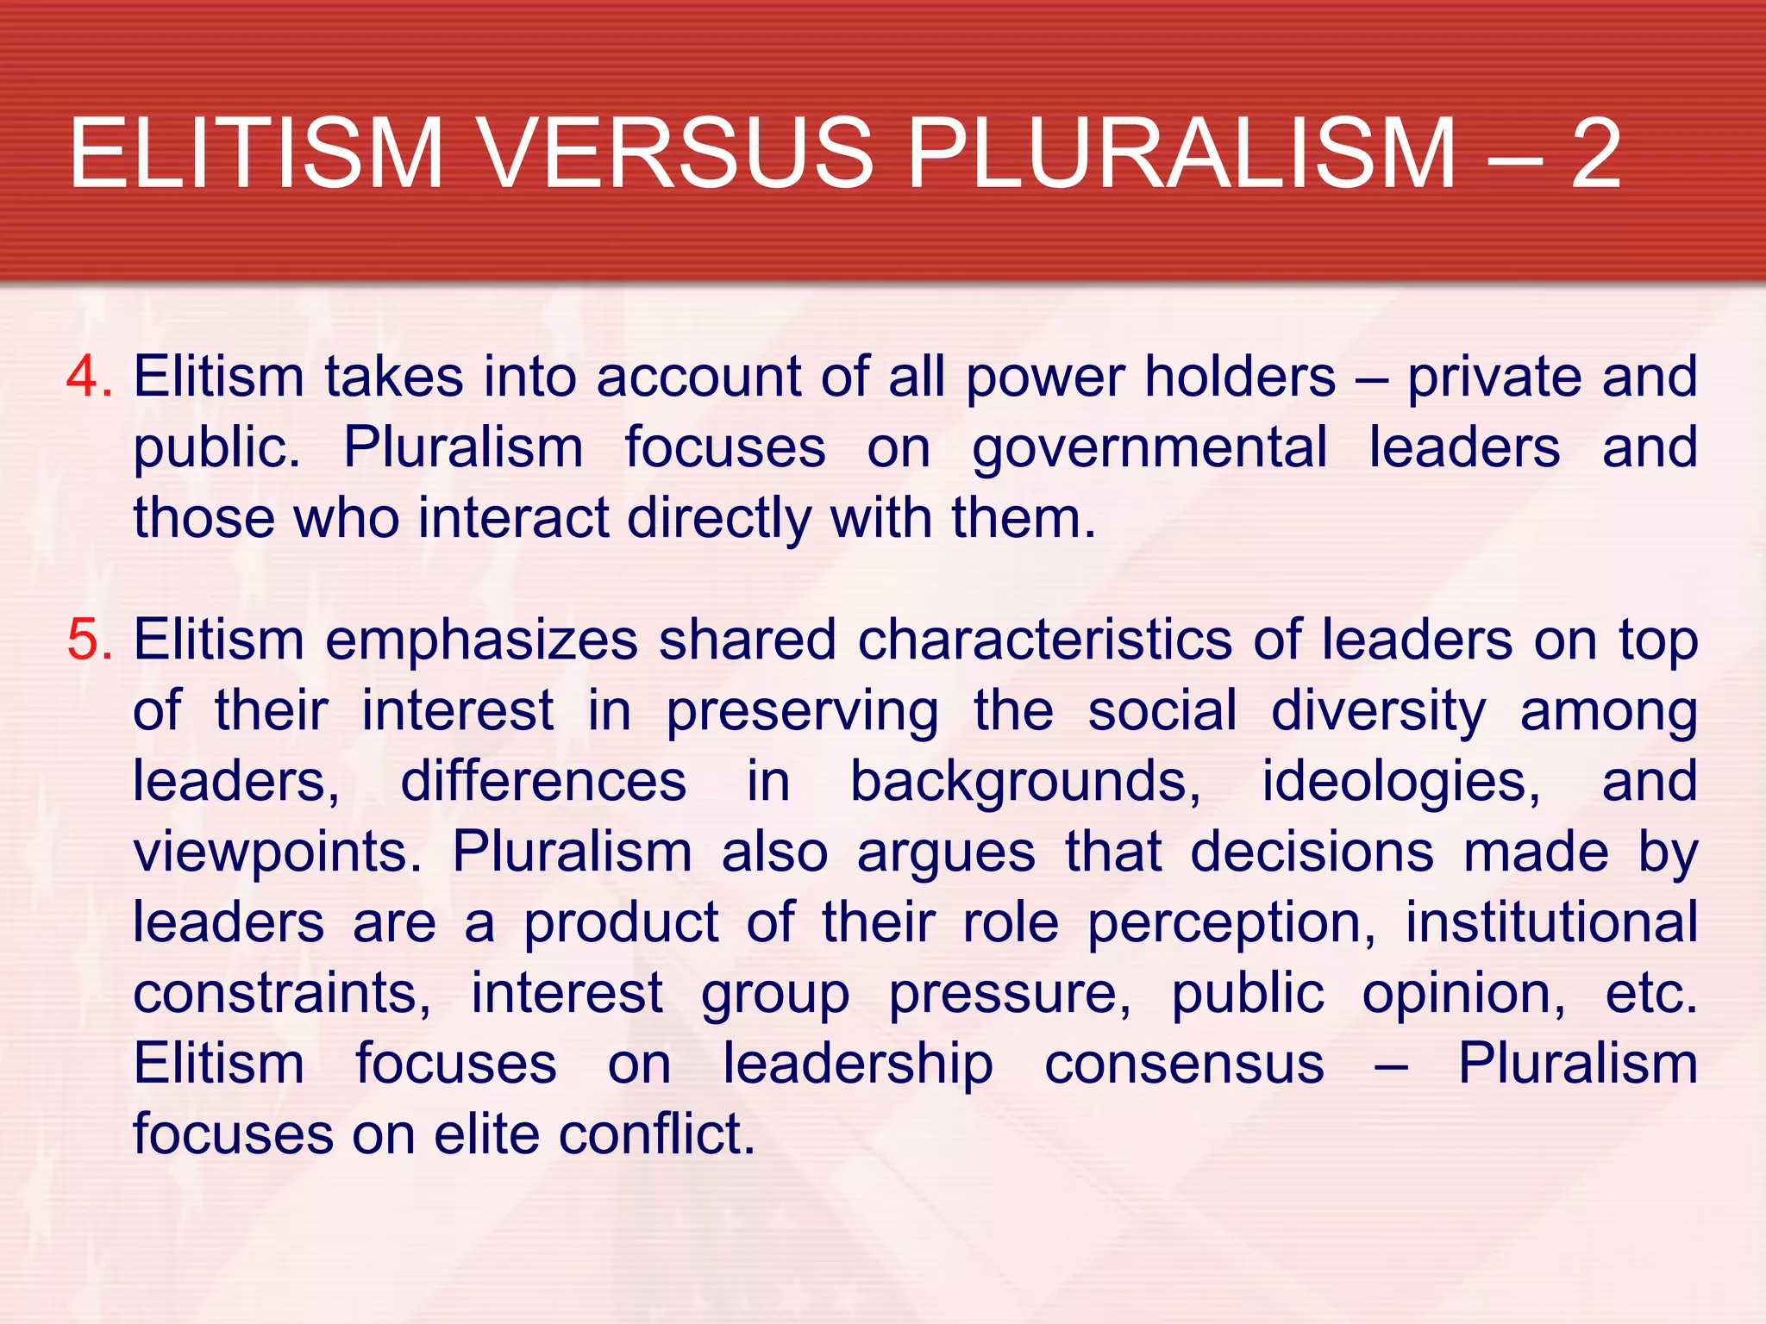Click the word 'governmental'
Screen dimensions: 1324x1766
coord(1149,448)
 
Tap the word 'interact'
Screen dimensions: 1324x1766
coord(514,518)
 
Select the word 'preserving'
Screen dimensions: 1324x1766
coord(802,713)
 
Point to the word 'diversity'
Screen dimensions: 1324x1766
coord(1378,713)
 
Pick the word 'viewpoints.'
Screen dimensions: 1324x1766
coord(277,853)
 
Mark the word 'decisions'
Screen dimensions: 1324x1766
coord(1312,852)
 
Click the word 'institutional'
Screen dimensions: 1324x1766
coord(1551,922)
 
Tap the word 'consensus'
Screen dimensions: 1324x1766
coord(1184,1064)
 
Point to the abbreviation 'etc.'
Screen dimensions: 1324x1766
coord(1650,993)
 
